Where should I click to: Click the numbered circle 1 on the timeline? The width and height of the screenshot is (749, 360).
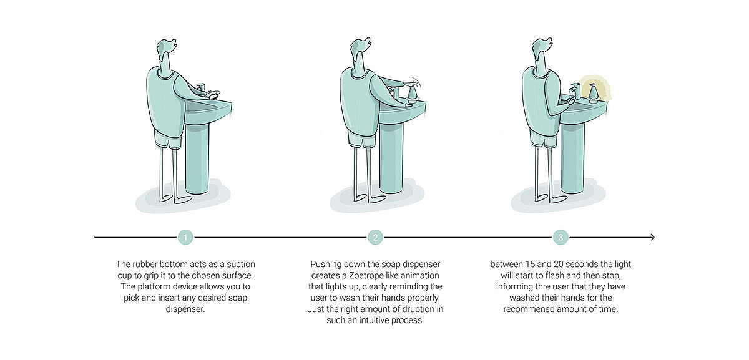pyautogui.click(x=185, y=237)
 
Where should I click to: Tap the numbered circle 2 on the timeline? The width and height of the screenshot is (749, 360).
pyautogui.click(x=375, y=237)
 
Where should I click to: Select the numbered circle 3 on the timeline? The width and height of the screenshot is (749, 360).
pyautogui.click(x=561, y=237)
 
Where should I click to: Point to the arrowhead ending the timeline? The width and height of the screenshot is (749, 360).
pyautogui.click(x=652, y=237)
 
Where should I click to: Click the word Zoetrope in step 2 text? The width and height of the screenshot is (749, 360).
pyautogui.click(x=366, y=275)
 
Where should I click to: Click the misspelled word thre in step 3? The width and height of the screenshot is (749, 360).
pyautogui.click(x=532, y=287)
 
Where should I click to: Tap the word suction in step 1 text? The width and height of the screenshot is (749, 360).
pyautogui.click(x=241, y=265)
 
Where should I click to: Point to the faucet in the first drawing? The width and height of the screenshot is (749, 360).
pyautogui.click(x=201, y=87)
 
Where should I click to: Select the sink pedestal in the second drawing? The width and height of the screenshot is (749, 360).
pyautogui.click(x=391, y=157)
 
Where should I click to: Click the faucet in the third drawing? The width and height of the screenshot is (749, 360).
pyautogui.click(x=575, y=91)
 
